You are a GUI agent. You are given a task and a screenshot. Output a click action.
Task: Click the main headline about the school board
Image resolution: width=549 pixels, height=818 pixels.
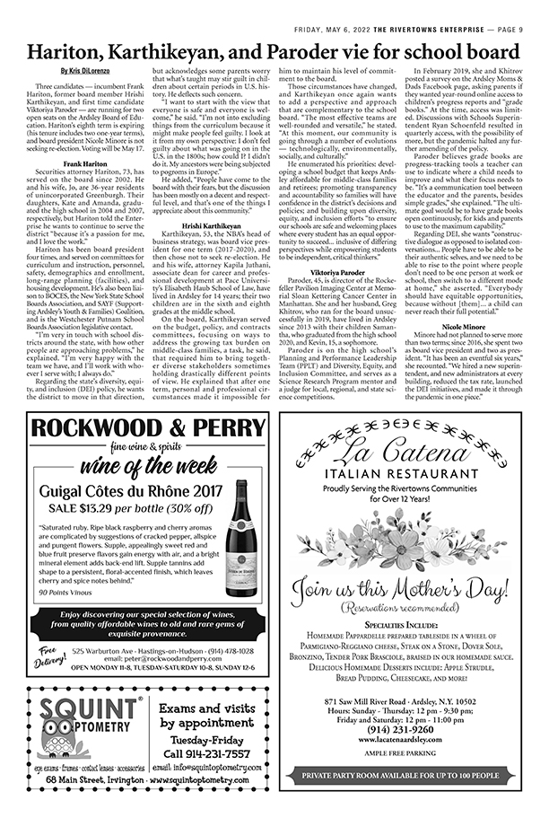(x=274, y=53)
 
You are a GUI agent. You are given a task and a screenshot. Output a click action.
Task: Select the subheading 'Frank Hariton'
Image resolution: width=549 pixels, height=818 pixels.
(x=86, y=163)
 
